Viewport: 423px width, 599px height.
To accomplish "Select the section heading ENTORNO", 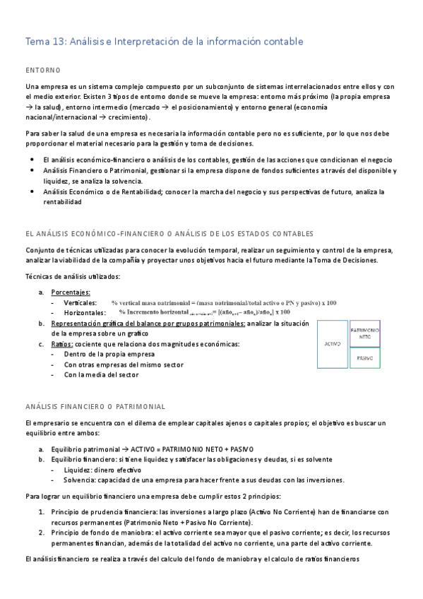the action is [x=42, y=70].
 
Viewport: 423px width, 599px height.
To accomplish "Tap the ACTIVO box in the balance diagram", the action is [x=333, y=344].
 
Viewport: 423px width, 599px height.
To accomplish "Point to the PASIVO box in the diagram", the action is [x=365, y=358].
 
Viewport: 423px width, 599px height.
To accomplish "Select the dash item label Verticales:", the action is [x=81, y=302].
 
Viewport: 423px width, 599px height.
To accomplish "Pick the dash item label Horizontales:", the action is [x=85, y=313].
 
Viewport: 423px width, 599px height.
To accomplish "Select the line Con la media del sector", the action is [x=101, y=375].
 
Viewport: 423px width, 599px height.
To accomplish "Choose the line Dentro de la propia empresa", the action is [x=109, y=354].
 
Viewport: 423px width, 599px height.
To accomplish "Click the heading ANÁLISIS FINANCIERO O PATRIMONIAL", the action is [x=95, y=406].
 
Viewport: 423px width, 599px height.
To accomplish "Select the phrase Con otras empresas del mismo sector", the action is [x=124, y=364].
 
